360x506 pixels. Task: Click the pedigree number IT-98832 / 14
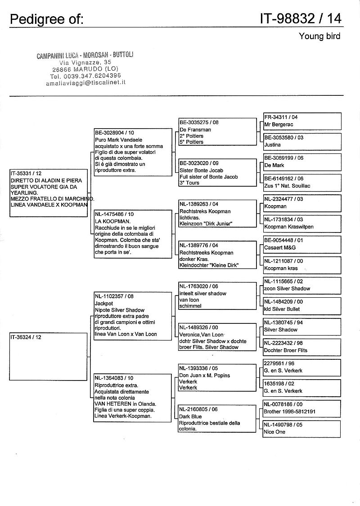pos(300,18)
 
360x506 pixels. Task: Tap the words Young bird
pos(319,36)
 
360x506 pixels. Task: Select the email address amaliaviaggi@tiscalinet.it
pos(85,83)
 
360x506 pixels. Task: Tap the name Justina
pos(273,145)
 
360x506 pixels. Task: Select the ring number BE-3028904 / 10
pos(114,133)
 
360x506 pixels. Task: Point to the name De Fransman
pos(195,130)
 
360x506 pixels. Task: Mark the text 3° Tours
pos(189,183)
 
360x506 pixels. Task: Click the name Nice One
pos(275,432)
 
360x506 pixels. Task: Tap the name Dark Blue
pos(190,416)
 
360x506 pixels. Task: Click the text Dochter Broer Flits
pos(286,350)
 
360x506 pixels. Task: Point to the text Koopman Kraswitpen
pos(289,227)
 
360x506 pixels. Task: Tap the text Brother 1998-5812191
pos(289,412)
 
